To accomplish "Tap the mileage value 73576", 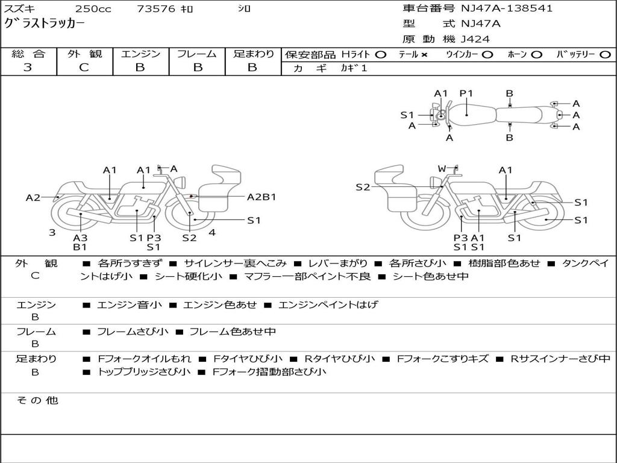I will (156, 9).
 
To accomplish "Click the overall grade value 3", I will (28, 68).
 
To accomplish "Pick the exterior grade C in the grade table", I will (84, 68).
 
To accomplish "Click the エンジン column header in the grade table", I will (140, 54).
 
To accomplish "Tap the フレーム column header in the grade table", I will (196, 54).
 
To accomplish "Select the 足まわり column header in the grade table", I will (254, 54).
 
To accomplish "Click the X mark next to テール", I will (424, 55).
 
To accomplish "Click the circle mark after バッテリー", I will (605, 55).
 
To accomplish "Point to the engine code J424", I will (475, 39).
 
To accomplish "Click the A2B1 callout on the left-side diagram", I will (262, 197).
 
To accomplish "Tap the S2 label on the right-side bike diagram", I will (363, 187).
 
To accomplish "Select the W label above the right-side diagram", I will (442, 169).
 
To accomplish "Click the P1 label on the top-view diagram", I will (466, 93).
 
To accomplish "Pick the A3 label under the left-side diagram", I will (80, 238).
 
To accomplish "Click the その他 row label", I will (37, 400).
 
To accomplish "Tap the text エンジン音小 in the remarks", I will (129, 305).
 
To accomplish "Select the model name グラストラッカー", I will (45, 24).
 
